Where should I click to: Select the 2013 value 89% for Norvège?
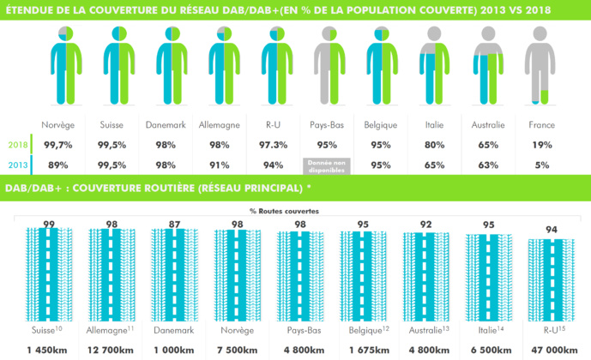[x=58, y=165]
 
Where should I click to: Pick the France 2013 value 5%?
[x=541, y=165]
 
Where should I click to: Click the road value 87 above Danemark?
[x=176, y=224]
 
